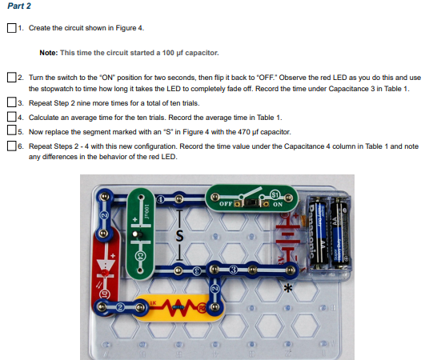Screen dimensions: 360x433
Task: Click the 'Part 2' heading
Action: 18,6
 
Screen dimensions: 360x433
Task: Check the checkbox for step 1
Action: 10,28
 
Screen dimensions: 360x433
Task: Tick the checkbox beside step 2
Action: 10,78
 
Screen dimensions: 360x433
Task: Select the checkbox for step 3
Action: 10,102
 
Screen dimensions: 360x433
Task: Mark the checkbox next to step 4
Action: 10,117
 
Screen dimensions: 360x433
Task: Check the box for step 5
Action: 10,131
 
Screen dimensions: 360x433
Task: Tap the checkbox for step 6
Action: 10,146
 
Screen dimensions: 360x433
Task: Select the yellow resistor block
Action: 180,305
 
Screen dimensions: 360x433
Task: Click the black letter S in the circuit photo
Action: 180,237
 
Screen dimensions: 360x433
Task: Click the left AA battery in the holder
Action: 318,232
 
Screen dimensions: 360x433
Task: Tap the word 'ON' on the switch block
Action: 278,205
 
